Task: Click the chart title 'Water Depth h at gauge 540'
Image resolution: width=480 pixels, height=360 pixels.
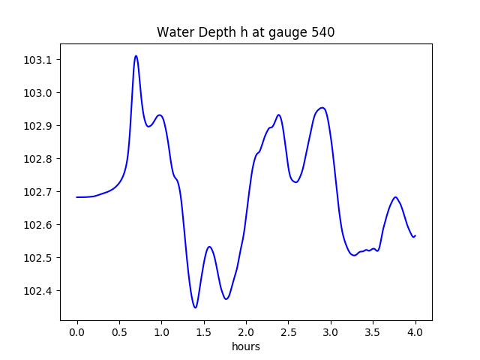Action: tap(245, 32)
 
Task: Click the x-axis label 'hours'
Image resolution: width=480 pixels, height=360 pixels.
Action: tap(246, 347)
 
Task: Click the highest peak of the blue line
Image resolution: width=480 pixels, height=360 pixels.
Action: tap(136, 55)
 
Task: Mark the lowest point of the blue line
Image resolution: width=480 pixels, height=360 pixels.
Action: tap(195, 307)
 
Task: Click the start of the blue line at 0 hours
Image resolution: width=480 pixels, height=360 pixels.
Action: tap(77, 197)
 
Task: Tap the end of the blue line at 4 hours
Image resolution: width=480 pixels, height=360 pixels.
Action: tap(415, 235)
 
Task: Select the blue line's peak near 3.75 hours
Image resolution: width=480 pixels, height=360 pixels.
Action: tap(395, 197)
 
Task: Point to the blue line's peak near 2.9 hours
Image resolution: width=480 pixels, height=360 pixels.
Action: tap(322, 108)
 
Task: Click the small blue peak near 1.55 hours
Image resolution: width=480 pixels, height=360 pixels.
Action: tap(209, 247)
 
